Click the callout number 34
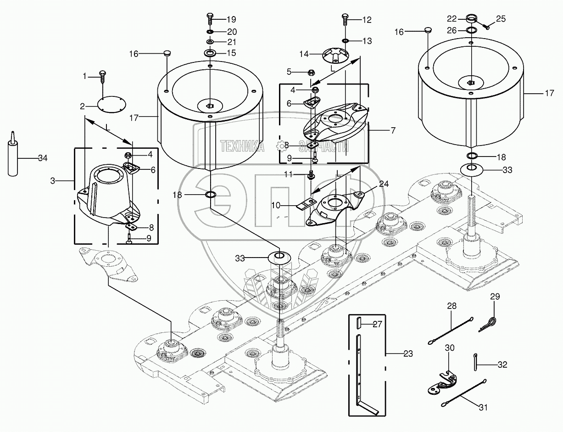pos(43,158)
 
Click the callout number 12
pos(367,20)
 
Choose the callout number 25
pos(501,19)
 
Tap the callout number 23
pos(408,354)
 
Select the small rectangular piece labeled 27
pos(359,324)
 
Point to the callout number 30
pos(450,348)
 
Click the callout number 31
pos(483,407)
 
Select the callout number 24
pos(384,184)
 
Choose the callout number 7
pos(392,131)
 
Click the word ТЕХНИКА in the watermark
pos(242,146)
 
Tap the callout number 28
pos(452,306)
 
